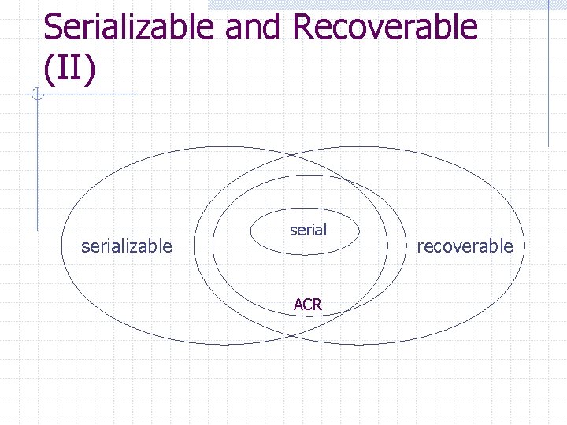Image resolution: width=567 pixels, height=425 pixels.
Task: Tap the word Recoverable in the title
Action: [384, 27]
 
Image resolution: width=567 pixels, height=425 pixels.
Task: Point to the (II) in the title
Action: [70, 68]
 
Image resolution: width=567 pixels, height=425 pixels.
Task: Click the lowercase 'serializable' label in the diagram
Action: [127, 246]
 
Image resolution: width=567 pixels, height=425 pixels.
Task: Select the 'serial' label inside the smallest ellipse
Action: [308, 230]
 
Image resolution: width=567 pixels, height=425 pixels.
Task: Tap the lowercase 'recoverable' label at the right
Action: [465, 246]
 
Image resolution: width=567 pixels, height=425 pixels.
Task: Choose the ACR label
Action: [307, 305]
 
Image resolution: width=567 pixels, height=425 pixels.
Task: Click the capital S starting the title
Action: [54, 27]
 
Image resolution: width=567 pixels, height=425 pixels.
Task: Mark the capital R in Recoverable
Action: [302, 27]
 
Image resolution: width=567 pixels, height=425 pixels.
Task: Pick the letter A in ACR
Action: [298, 305]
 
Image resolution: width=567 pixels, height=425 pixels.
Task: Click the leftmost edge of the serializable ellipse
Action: [61, 246]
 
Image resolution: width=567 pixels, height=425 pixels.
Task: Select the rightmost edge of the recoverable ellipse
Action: [524, 246]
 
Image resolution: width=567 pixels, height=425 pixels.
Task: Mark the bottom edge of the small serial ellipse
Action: [305, 254]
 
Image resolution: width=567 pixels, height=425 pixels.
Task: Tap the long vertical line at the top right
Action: [548, 75]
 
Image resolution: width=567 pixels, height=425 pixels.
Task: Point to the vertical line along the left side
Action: [36, 165]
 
